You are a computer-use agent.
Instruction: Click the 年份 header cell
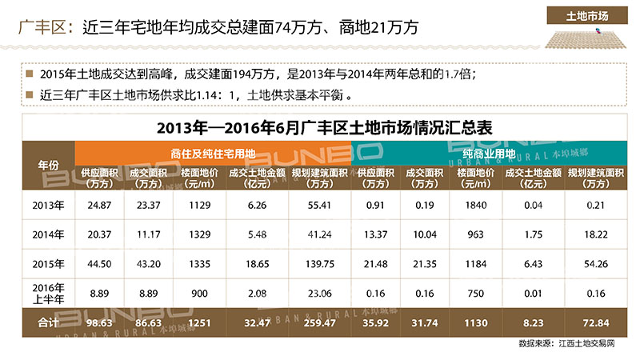coord(49,165)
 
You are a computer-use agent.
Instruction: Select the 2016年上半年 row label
coord(49,292)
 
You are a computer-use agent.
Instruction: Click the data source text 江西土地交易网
coord(586,342)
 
